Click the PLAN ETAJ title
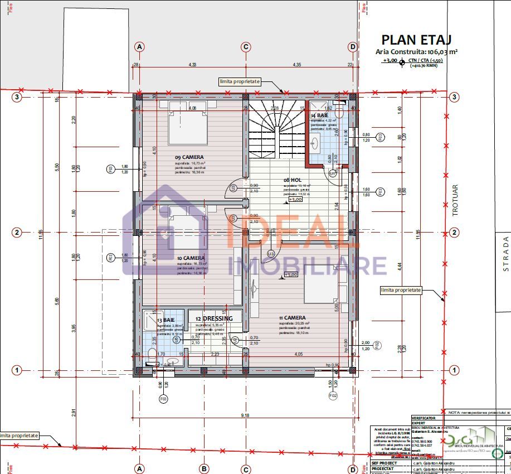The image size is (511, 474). tap(416, 39)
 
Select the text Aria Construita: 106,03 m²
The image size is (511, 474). tap(417, 51)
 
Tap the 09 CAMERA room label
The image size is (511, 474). tap(189, 157)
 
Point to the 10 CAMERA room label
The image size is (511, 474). tap(191, 258)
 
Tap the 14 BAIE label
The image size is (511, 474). tap(320, 115)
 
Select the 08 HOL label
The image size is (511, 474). tap(293, 180)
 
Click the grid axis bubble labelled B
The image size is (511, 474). tap(204, 468)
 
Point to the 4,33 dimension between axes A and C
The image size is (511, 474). tap(192, 65)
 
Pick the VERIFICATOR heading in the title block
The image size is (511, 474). tap(423, 417)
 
